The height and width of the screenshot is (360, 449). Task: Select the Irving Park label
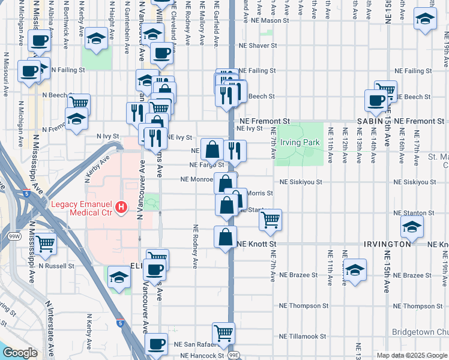coord(303,142)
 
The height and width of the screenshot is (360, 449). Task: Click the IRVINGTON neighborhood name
coord(387,244)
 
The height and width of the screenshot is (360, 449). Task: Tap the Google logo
coord(20,353)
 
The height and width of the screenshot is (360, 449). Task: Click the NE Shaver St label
coord(258,45)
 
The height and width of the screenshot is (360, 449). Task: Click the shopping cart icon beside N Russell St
coord(45,244)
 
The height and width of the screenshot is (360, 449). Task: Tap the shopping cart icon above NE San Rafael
coord(224,332)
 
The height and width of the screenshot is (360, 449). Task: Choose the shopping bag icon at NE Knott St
coord(226,236)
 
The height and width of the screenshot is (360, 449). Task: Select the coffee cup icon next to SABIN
coord(376,100)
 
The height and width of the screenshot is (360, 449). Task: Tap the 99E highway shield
coord(234,355)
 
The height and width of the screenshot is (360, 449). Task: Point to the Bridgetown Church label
coord(420,332)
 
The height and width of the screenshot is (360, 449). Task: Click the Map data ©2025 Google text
coord(411,355)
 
